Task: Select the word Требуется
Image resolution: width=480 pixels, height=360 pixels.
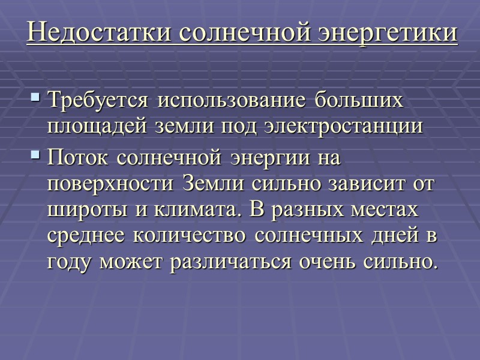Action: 99,100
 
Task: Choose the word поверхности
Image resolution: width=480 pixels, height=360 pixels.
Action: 111,185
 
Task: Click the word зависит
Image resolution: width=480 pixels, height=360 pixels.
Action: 363,185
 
